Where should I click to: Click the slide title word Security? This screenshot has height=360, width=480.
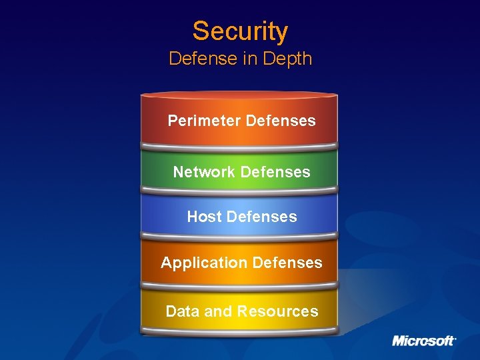point(240,31)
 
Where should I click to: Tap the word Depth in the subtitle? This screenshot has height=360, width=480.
point(287,59)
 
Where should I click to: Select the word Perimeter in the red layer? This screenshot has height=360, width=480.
point(204,121)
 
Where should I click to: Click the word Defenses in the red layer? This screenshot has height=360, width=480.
point(281,121)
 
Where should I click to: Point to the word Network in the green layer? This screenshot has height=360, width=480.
point(204,172)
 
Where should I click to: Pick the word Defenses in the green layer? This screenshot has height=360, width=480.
point(275,172)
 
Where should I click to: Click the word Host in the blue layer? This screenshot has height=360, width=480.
point(204,217)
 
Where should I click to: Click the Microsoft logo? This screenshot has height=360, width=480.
point(423,341)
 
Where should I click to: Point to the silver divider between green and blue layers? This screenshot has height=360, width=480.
point(239,192)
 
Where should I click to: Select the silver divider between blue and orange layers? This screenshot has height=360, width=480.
point(239,237)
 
